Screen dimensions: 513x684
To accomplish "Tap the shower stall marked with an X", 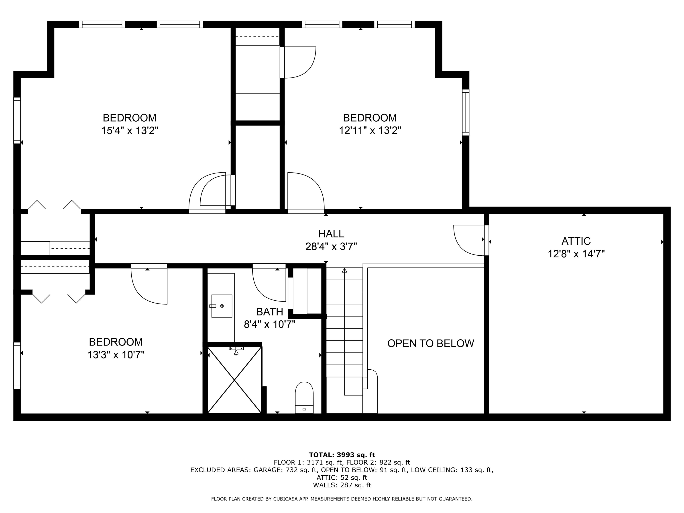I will point(234,380).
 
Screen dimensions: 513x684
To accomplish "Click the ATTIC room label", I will point(576,241).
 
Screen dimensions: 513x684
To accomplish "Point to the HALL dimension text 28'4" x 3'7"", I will point(331,246).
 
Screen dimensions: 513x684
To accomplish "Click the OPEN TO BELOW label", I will point(430,343).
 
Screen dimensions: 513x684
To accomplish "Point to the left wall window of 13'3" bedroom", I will point(17,366).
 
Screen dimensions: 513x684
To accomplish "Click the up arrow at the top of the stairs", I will point(344,271).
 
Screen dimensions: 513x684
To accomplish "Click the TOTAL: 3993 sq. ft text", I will point(342,455).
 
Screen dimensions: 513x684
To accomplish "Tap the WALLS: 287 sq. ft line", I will point(342,485).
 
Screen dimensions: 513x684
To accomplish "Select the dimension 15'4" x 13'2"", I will point(130,130).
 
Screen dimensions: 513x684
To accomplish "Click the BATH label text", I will point(269,311).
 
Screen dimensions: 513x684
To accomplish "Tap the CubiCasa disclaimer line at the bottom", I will point(342,499).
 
